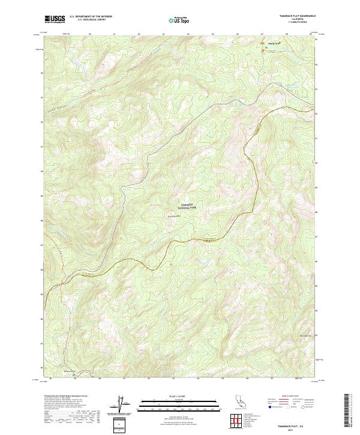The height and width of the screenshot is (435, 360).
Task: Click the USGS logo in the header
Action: point(55,19)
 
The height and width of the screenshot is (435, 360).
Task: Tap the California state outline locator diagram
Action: point(240,401)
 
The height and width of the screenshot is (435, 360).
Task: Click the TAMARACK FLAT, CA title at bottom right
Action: point(291,426)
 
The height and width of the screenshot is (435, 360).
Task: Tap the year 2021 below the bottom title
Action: point(291,430)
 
